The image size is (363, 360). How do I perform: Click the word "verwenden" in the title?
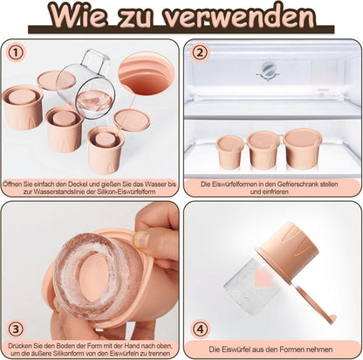click(x=238, y=16)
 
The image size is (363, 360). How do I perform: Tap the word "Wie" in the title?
click(x=76, y=15)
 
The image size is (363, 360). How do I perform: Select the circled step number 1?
click(x=17, y=52)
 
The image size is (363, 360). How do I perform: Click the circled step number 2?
click(x=200, y=53)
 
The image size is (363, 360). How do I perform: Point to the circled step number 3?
click(x=16, y=329)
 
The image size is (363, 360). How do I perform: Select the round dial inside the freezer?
click(x=267, y=69)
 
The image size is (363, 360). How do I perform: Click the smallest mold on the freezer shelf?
click(x=230, y=152)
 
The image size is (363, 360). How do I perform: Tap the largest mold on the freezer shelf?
click(x=302, y=149)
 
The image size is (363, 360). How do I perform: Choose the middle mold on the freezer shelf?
click(x=264, y=150)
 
